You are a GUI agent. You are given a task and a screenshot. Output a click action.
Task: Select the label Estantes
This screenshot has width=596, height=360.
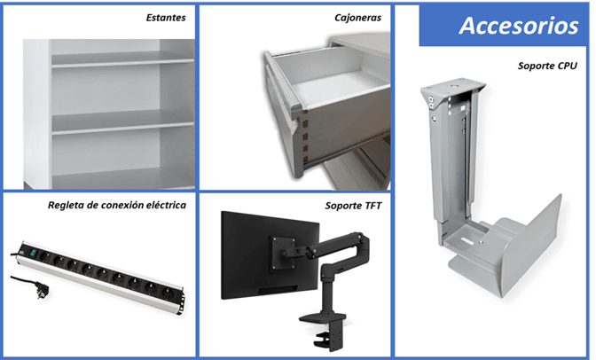[x=167, y=17]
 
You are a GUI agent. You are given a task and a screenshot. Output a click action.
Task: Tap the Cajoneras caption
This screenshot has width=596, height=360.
[x=359, y=17]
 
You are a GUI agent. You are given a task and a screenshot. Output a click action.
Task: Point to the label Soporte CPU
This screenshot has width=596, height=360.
[x=547, y=65]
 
